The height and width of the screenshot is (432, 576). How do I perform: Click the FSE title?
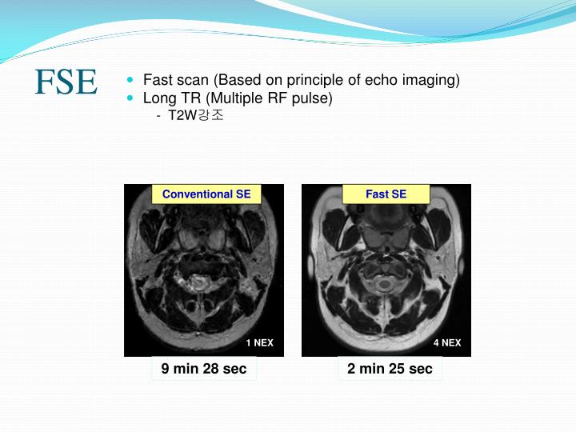(66, 82)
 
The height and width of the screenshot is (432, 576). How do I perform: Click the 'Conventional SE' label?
(206, 194)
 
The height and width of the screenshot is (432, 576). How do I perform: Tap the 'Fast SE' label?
(386, 194)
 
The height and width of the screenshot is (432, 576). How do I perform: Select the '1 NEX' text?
(259, 342)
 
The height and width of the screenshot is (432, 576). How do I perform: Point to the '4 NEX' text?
(447, 342)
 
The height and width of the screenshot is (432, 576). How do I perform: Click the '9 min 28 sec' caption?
(204, 369)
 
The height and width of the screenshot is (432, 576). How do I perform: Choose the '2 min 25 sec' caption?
(390, 369)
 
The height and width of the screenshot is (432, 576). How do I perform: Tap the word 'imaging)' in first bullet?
(432, 80)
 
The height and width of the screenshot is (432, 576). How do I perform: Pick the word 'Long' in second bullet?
(158, 98)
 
